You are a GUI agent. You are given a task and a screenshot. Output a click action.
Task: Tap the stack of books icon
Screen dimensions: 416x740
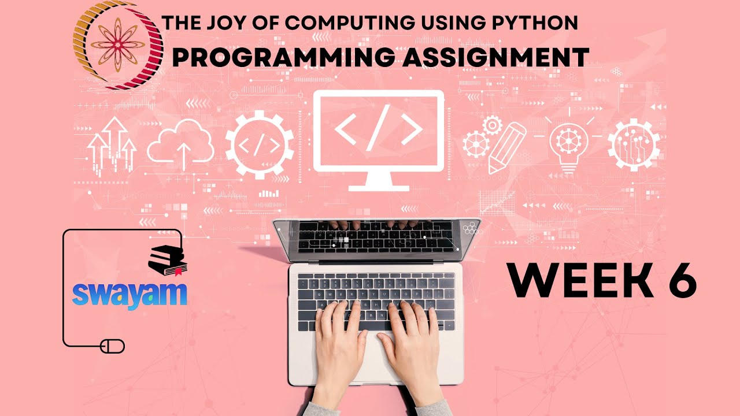166,259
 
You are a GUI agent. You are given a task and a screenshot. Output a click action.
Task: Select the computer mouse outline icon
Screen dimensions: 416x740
112,346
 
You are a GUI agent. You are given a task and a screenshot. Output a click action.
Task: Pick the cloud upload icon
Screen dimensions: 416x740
180,144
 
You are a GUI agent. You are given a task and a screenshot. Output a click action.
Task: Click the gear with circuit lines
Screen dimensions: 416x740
634,143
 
